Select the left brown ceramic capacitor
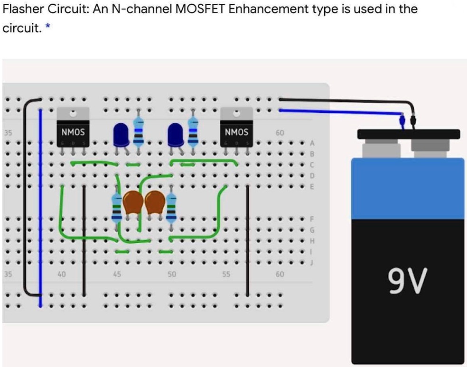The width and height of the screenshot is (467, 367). (133, 202)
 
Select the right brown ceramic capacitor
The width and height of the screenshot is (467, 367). (155, 202)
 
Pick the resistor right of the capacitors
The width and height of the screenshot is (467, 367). (171, 209)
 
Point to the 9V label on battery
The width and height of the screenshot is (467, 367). (408, 281)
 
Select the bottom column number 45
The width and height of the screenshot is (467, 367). (117, 274)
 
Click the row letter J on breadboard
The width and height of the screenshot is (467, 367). (312, 262)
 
